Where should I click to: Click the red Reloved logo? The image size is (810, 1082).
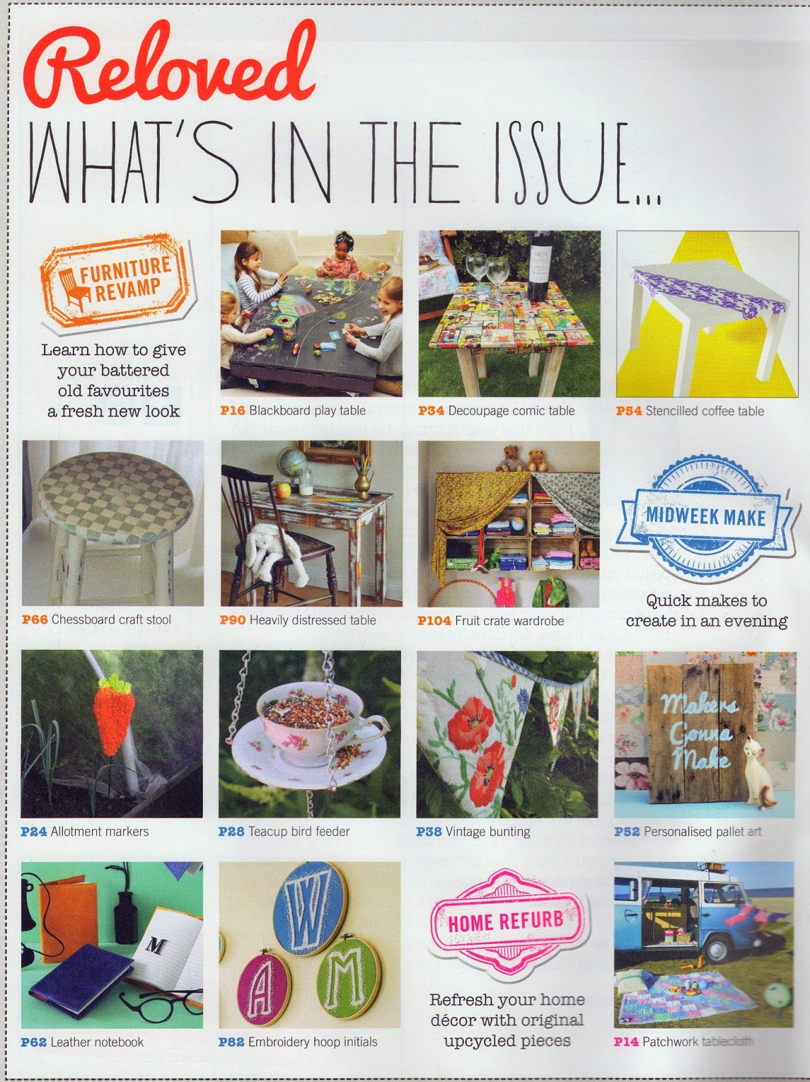click(169, 64)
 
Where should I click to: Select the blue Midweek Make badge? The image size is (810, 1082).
click(705, 517)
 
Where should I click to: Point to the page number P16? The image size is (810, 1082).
click(233, 410)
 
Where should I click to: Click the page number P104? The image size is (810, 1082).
click(434, 621)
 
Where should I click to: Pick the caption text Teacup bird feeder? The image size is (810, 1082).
click(299, 832)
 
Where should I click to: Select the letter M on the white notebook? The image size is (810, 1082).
click(156, 945)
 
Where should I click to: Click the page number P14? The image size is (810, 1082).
click(625, 1041)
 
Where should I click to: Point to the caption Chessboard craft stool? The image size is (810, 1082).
click(111, 619)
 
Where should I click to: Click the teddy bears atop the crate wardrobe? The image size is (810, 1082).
click(521, 458)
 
